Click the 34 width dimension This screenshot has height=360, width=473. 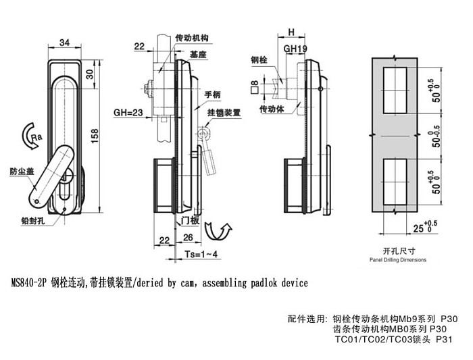pyautogui.click(x=64, y=43)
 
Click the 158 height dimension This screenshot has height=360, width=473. pyautogui.click(x=95, y=136)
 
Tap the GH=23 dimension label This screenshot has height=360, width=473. pyautogui.click(x=128, y=113)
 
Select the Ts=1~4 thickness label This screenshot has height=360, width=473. pyautogui.click(x=201, y=254)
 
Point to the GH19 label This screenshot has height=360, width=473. pyautogui.click(x=295, y=49)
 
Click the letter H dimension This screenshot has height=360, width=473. pyautogui.click(x=291, y=32)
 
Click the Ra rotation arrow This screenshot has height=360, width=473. pyautogui.click(x=32, y=136)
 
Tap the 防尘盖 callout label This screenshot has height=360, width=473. pyautogui.click(x=22, y=172)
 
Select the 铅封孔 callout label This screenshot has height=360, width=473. pyautogui.click(x=33, y=221)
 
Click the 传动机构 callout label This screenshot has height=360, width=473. pyautogui.click(x=192, y=38)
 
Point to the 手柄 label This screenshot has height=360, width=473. pyautogui.click(x=213, y=95)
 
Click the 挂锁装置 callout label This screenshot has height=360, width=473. pyautogui.click(x=224, y=113)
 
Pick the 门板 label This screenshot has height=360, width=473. pyautogui.click(x=190, y=221)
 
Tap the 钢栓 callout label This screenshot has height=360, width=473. pyautogui.click(x=259, y=60)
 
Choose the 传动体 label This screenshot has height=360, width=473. pyautogui.click(x=272, y=109)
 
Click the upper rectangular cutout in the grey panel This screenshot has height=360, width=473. pyautogui.click(x=395, y=90)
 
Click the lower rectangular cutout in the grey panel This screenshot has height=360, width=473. pyautogui.click(x=395, y=182)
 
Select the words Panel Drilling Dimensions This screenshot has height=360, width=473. pyautogui.click(x=398, y=260)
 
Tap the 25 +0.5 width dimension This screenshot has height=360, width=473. pyautogui.click(x=425, y=227)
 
